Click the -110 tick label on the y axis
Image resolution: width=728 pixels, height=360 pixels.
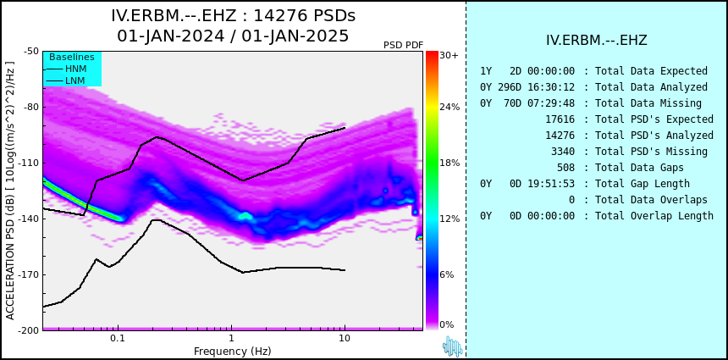click(x=30, y=163)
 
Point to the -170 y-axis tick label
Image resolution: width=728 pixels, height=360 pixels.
click(x=30, y=274)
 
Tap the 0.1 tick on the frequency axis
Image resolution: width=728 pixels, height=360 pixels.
click(x=118, y=339)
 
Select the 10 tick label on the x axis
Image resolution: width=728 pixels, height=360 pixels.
click(x=344, y=339)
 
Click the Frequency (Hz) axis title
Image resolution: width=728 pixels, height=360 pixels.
click(x=232, y=351)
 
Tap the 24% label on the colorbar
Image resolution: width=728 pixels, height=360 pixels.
click(x=449, y=108)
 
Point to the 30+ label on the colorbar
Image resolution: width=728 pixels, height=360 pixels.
click(x=449, y=55)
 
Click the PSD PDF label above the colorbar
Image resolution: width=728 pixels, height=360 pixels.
click(x=403, y=45)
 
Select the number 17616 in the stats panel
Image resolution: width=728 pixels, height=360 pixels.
click(x=560, y=119)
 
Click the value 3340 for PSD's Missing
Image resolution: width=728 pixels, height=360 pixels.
click(x=563, y=152)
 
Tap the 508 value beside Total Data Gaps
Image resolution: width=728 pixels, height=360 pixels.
click(x=565, y=167)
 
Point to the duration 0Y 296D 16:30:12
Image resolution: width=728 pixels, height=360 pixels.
click(x=527, y=87)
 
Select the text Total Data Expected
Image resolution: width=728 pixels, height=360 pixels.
click(x=652, y=71)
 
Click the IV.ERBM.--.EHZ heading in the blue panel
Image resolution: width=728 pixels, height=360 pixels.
click(x=597, y=40)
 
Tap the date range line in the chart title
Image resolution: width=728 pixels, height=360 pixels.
click(x=233, y=36)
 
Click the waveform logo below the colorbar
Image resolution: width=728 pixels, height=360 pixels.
click(x=453, y=346)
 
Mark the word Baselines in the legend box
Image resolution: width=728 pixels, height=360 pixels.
click(x=72, y=57)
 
